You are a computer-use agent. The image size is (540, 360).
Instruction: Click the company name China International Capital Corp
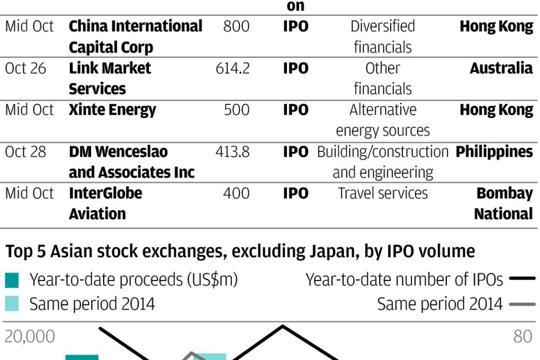click(x=135, y=37)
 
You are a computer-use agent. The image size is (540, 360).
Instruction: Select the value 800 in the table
click(x=236, y=26)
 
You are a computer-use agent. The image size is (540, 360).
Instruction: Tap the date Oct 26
click(x=25, y=68)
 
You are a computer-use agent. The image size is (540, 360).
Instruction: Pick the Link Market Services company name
click(x=110, y=78)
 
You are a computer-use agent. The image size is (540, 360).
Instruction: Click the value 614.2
click(x=232, y=68)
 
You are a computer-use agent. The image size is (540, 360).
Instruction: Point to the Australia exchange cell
click(x=501, y=68)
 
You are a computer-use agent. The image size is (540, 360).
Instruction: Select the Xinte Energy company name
click(x=112, y=110)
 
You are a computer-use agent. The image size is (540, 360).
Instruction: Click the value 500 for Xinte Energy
click(x=236, y=110)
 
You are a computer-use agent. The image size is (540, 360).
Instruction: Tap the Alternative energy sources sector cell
click(x=383, y=120)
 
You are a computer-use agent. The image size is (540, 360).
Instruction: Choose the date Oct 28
click(x=25, y=152)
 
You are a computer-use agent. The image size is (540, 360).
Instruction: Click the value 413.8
click(x=232, y=152)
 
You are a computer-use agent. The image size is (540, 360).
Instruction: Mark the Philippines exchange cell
click(x=494, y=152)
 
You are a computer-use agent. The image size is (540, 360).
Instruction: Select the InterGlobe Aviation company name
click(x=105, y=203)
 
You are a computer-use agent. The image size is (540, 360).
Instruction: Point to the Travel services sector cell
click(x=383, y=193)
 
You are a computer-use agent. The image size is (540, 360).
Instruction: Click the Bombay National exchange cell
click(x=503, y=203)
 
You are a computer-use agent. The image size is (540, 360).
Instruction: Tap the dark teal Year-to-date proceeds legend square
click(x=12, y=280)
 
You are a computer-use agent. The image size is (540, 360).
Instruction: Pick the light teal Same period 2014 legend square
click(x=12, y=304)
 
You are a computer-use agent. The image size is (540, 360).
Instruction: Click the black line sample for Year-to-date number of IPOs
click(x=522, y=278)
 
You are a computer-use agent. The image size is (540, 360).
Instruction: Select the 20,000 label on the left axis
click(x=30, y=337)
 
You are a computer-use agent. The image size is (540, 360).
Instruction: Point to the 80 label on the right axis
click(x=523, y=337)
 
